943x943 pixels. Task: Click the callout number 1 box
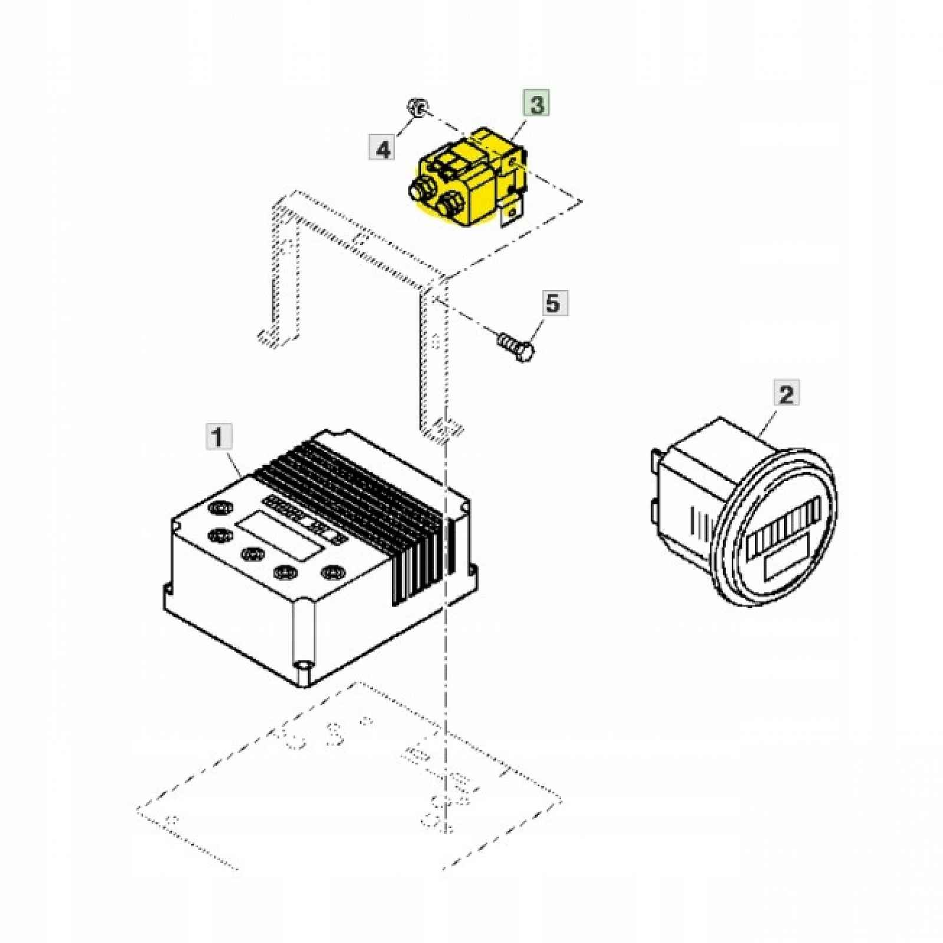pos(217,438)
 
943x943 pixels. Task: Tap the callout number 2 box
pos(786,394)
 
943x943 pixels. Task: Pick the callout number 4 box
pos(383,147)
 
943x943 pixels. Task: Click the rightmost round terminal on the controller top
pos(330,572)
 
